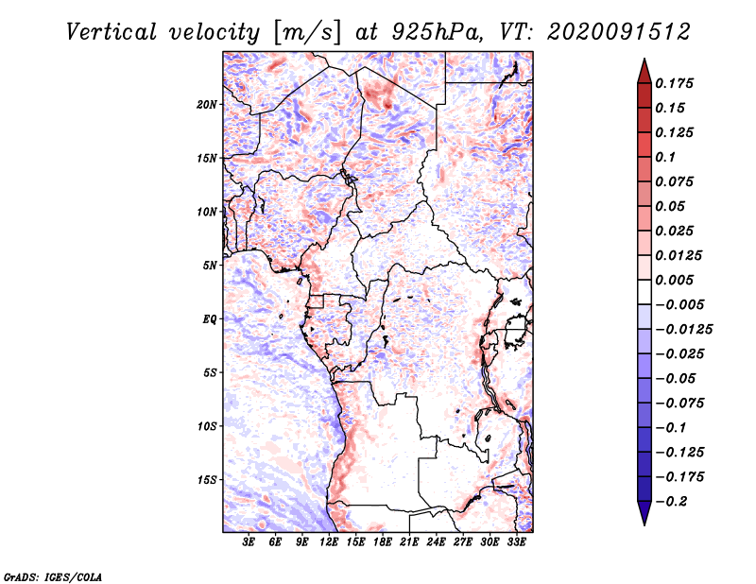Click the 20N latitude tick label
pos(208,104)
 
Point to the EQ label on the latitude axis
pos(210,318)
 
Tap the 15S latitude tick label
pos(208,479)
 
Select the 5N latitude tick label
pos(211,265)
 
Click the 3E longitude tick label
pos(249,542)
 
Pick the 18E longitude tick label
pos(383,542)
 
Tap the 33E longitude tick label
pos(517,542)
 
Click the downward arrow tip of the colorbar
pos(644,523)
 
